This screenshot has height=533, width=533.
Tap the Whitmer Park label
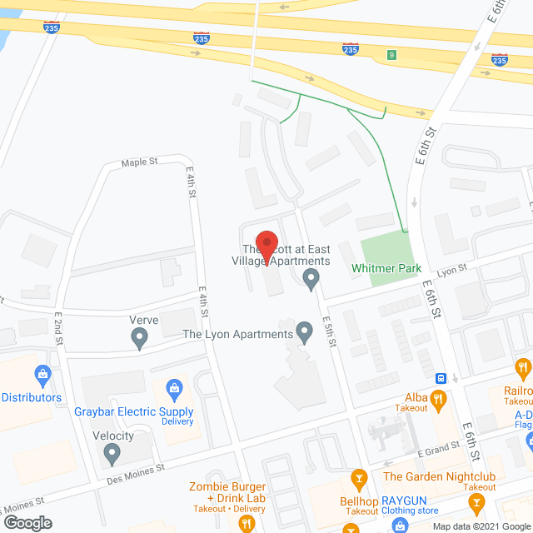click(x=386, y=269)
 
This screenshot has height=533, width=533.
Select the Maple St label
click(x=139, y=162)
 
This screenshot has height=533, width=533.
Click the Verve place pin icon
click(x=139, y=337)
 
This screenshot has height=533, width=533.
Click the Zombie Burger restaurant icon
click(x=246, y=523)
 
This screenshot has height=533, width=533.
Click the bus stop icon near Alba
click(x=441, y=376)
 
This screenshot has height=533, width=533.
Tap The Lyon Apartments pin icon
click(x=305, y=334)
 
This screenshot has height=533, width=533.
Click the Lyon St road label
click(x=454, y=268)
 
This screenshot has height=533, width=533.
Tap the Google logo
click(x=27, y=521)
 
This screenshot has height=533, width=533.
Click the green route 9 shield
click(x=391, y=56)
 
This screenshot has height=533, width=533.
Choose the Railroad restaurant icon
click(x=523, y=366)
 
